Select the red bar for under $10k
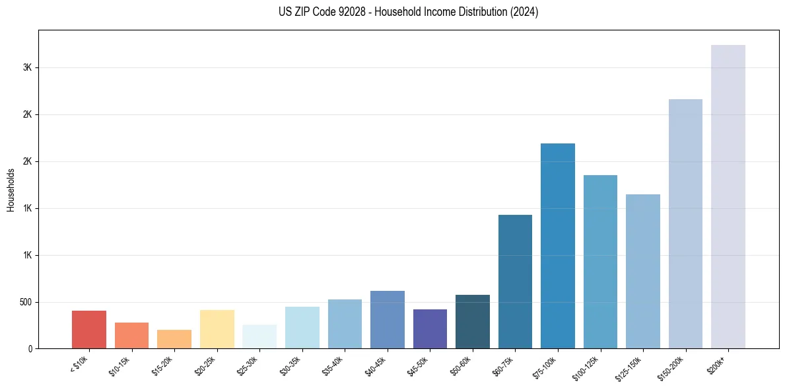(x=89, y=329)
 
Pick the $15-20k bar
(x=174, y=339)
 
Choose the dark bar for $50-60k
(x=473, y=321)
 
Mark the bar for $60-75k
(x=515, y=282)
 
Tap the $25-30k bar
(x=259, y=336)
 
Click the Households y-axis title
(x=11, y=190)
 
